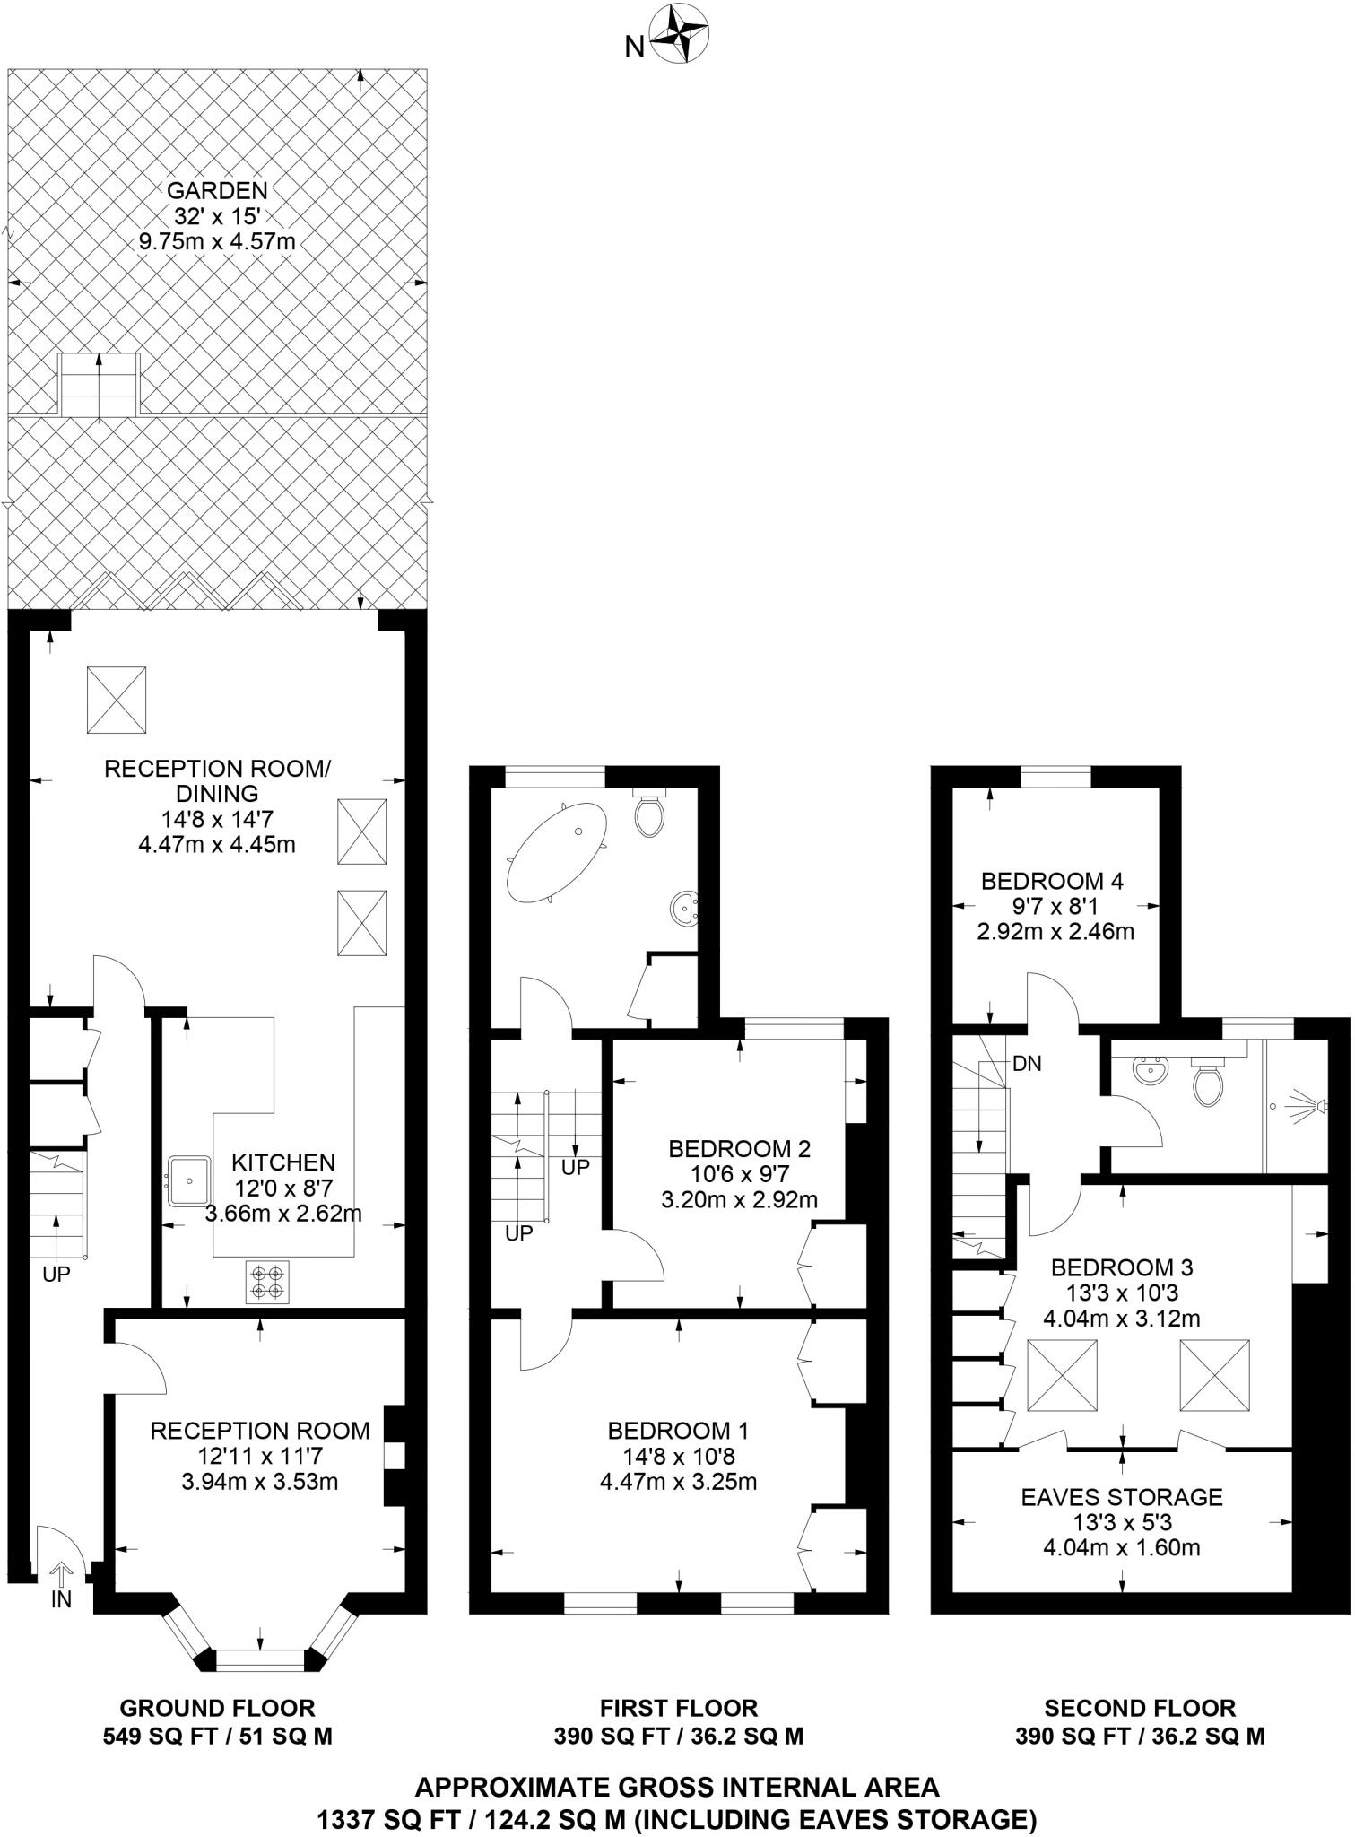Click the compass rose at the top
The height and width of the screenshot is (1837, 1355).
coord(679,35)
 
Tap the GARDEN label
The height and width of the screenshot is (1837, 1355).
coord(217,190)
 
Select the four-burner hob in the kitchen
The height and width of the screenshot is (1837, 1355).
coord(267,1282)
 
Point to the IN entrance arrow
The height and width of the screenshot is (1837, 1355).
coord(61,1573)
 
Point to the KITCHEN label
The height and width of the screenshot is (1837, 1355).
coord(283,1163)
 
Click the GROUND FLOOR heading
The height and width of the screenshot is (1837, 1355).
coord(217,1709)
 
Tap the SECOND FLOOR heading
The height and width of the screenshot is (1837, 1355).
coord(1139,1709)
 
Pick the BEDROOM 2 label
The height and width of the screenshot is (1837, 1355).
coord(739,1149)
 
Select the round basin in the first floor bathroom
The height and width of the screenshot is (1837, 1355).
coord(684,909)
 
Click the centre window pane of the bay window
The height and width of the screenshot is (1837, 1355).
coord(261,1660)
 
